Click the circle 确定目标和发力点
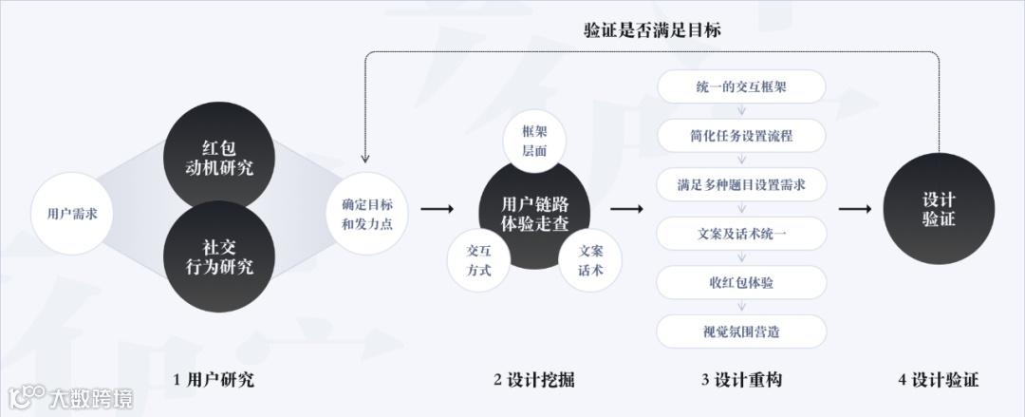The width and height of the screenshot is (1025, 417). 367,215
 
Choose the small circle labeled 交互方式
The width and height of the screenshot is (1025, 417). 478,259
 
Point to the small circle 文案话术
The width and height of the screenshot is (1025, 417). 590,259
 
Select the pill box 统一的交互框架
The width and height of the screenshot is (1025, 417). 741,86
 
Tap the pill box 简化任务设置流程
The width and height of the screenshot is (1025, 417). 741,136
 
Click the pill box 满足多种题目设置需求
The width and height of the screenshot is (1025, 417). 741,184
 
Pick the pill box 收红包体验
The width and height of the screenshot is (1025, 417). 741,282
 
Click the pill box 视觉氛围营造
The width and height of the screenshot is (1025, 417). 741,332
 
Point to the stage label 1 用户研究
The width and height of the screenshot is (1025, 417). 214,380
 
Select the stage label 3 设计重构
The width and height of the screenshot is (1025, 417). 741,380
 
